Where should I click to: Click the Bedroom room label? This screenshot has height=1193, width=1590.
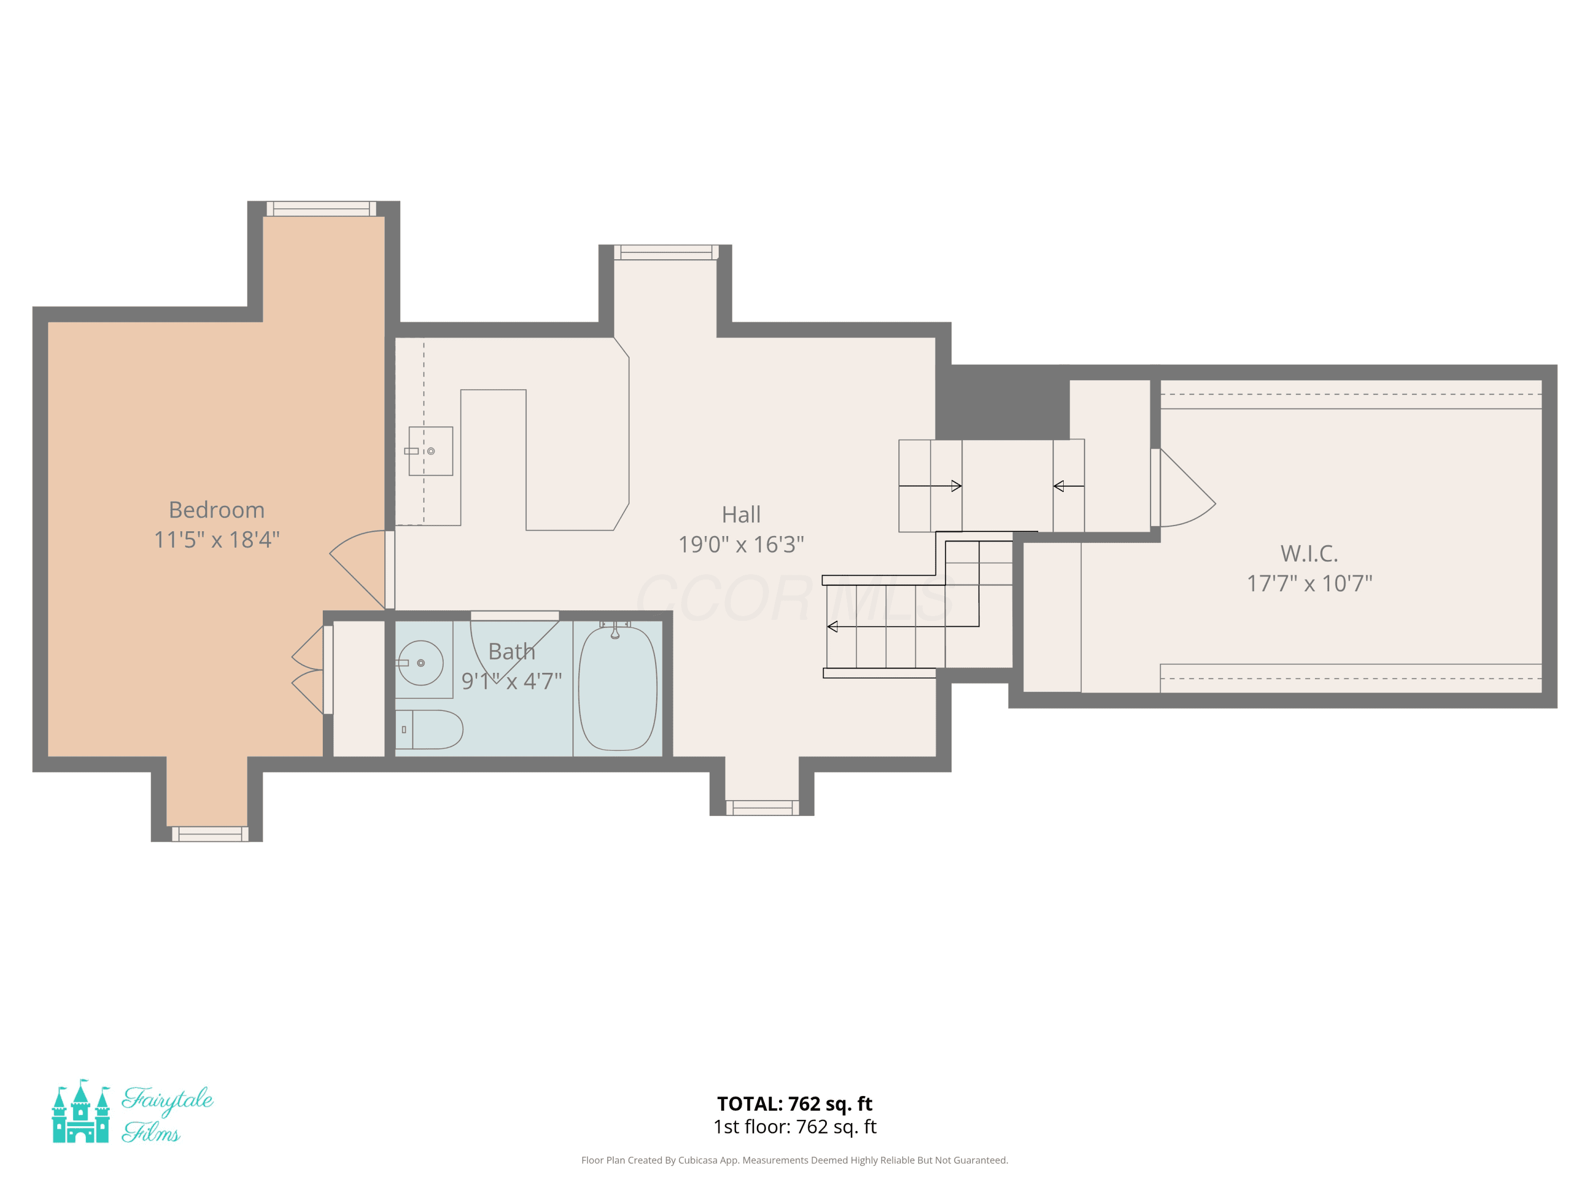(216, 510)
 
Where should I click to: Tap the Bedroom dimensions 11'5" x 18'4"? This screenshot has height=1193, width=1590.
(216, 539)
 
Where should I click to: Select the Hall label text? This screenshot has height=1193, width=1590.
(741, 514)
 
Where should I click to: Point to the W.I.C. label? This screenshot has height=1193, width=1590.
(1309, 553)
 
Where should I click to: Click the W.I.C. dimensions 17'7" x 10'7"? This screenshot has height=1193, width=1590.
(1309, 583)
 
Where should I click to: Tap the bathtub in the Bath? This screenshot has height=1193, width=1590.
(617, 688)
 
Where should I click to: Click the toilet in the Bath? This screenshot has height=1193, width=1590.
(429, 729)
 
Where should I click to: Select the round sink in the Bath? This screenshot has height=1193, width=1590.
(420, 663)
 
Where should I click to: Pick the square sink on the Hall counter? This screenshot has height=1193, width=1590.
(430, 451)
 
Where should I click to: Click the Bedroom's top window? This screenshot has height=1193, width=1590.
(321, 208)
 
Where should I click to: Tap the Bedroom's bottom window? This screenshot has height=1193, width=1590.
(210, 834)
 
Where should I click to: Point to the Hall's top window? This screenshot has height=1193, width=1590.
(666, 252)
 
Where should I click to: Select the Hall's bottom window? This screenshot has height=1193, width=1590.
(762, 808)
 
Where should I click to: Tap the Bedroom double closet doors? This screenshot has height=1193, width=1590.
(309, 670)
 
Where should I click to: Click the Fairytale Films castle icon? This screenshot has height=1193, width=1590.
(81, 1111)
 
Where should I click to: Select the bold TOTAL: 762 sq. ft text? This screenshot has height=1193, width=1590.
(794, 1104)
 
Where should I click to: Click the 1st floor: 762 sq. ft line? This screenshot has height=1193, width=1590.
(794, 1127)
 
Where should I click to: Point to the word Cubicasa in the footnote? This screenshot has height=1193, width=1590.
(698, 1160)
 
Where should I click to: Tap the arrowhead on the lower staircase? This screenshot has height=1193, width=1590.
(833, 626)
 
